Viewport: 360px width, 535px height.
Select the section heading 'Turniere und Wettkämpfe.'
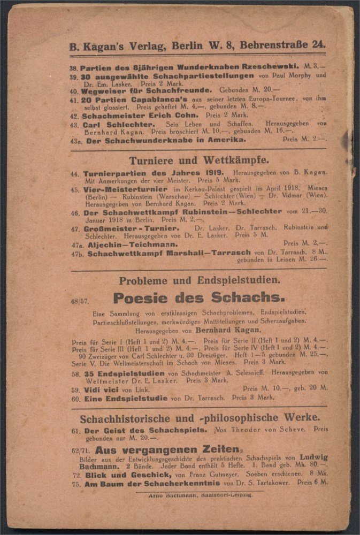tap(198, 160)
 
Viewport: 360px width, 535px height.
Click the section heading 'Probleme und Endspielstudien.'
tap(199, 280)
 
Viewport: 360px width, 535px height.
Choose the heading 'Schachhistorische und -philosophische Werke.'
tap(200, 418)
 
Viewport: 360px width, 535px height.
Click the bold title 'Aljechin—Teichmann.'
tap(132, 244)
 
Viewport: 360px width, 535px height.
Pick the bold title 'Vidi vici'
tap(101, 389)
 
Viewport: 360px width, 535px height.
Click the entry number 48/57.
tap(79, 301)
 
